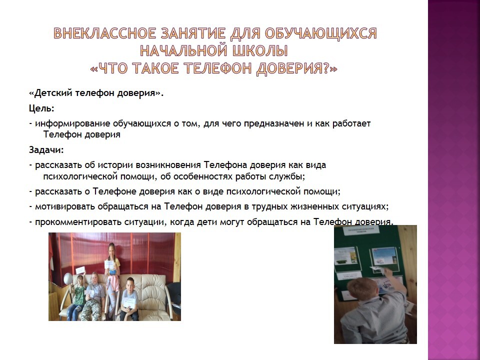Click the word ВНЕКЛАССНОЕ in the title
click(105, 33)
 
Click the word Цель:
click(41, 108)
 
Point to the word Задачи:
click(46, 150)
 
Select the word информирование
click(73, 123)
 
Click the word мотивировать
click(65, 206)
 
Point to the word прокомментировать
click(78, 222)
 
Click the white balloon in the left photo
click(68, 278)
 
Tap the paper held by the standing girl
click(109, 264)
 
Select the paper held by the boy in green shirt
click(80, 270)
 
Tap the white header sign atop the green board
click(359, 230)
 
